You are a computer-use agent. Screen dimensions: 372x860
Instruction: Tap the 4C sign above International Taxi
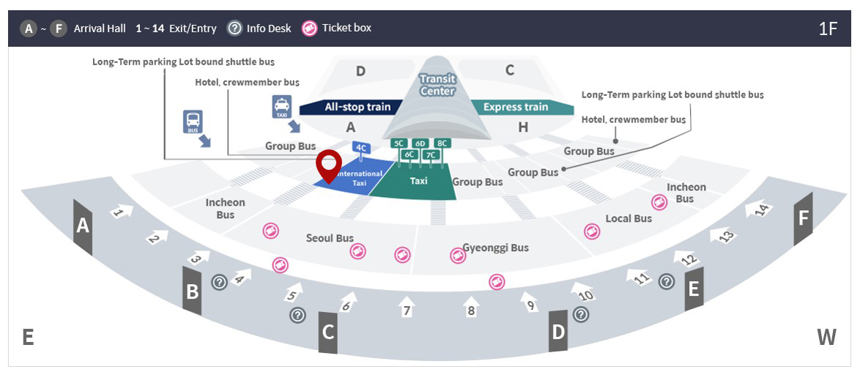tap(361, 147)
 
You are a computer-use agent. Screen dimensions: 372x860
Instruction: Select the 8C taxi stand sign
tap(442, 144)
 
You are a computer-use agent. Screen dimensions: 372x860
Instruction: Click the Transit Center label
tap(437, 85)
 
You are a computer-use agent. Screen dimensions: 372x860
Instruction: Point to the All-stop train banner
tap(357, 107)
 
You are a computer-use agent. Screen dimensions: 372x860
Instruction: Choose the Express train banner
tap(516, 107)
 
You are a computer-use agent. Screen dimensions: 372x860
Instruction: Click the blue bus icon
tap(193, 122)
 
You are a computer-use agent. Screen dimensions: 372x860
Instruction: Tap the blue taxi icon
tap(282, 106)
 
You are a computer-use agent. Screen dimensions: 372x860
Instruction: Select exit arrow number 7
tap(407, 307)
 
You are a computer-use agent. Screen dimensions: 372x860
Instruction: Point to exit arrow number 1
tap(121, 212)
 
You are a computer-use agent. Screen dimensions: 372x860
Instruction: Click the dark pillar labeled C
tap(328, 332)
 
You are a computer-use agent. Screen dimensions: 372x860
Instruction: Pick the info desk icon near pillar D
tap(581, 314)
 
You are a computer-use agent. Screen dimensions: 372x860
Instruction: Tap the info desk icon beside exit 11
tap(666, 281)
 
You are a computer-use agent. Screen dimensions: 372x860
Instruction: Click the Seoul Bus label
tap(330, 238)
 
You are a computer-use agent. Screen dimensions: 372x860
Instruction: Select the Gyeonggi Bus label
tap(496, 248)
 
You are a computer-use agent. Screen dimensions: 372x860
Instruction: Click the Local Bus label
tap(629, 218)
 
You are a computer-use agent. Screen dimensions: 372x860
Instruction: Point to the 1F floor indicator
tap(828, 29)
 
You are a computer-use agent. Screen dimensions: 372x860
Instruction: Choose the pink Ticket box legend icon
tap(310, 29)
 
